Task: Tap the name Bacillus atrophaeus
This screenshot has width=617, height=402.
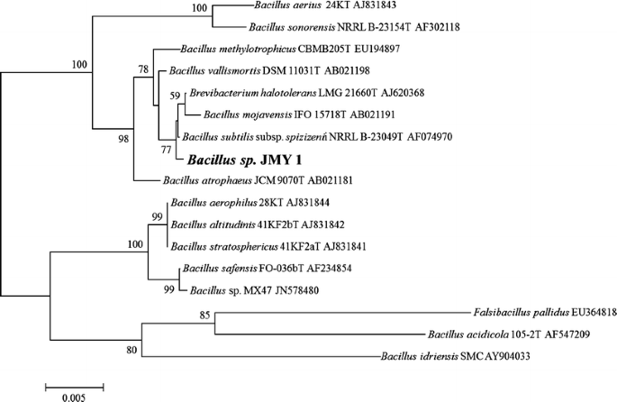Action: point(213,180)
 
